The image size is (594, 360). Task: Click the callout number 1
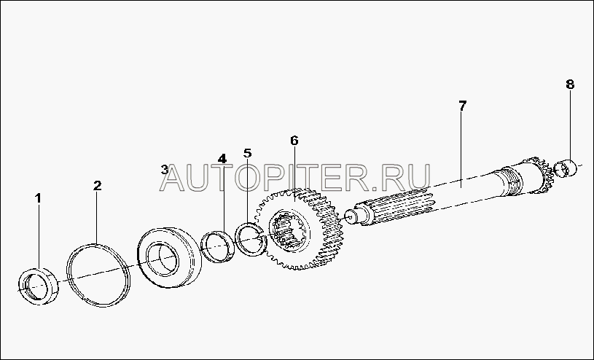point(39,197)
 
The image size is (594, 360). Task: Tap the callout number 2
point(97,186)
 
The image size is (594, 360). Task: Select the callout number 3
point(165,170)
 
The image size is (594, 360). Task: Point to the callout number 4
point(222,158)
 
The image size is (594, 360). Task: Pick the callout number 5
point(247,153)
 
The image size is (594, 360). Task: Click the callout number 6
point(294,140)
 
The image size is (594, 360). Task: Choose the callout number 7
point(462,105)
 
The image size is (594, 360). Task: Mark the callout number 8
point(569,85)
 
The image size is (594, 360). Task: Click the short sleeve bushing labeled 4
point(217,246)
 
